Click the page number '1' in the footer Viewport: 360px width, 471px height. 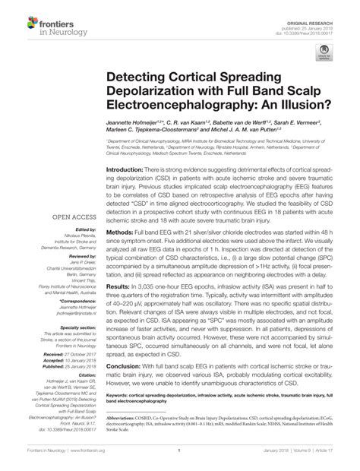(x=180, y=460)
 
